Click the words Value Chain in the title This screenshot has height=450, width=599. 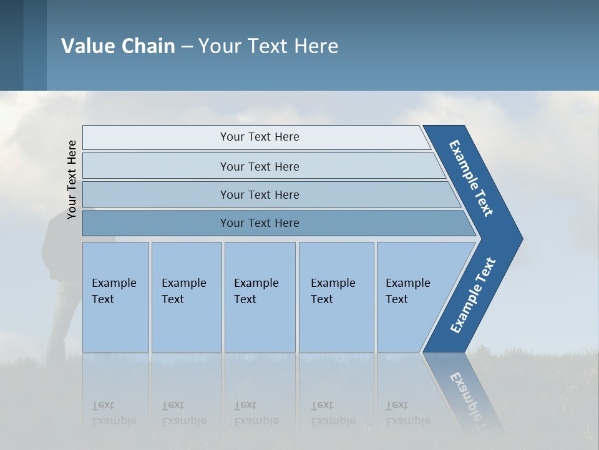[118, 46]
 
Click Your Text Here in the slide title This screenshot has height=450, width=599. [268, 46]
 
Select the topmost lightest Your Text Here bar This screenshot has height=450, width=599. [259, 137]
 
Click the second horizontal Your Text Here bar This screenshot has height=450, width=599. [259, 166]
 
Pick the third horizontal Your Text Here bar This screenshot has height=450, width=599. [259, 194]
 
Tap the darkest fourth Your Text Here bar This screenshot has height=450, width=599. [259, 223]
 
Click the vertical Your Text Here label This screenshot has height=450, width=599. [72, 179]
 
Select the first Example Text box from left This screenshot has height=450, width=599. [115, 297]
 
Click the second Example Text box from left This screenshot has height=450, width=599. [186, 297]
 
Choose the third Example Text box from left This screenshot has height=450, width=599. [260, 297]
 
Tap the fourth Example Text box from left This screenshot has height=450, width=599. [336, 297]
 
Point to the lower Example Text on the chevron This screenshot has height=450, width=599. [473, 296]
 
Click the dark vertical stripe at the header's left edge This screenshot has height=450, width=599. [11, 45]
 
